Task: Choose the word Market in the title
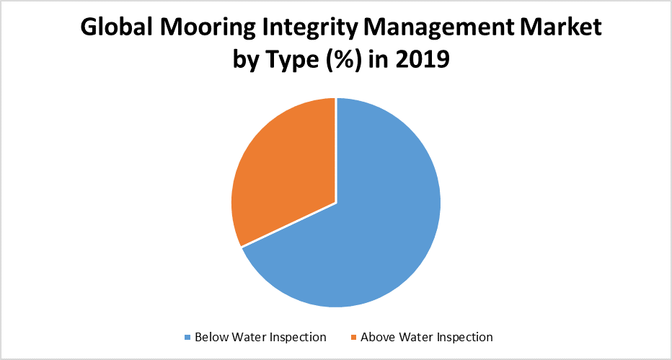(x=560, y=29)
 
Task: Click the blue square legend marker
(x=188, y=337)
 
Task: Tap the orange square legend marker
(x=353, y=337)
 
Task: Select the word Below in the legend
(x=210, y=337)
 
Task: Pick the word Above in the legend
(x=376, y=337)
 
